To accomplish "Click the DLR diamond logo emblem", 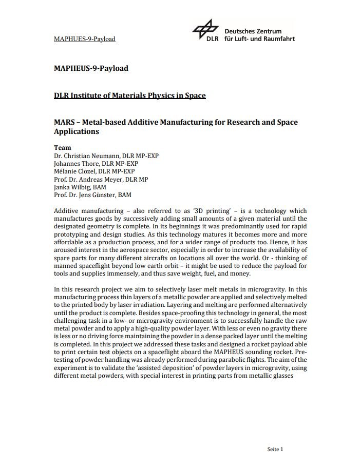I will click(206, 30).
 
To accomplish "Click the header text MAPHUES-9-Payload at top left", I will click(84, 39).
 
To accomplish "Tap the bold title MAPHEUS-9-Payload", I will click(91, 68).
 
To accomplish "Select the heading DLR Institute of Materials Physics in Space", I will click(129, 95).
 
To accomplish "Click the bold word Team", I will click(63, 147).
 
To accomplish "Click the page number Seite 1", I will click(275, 449).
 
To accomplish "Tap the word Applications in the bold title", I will click(76, 131).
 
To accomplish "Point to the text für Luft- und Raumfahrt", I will click(259, 39).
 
